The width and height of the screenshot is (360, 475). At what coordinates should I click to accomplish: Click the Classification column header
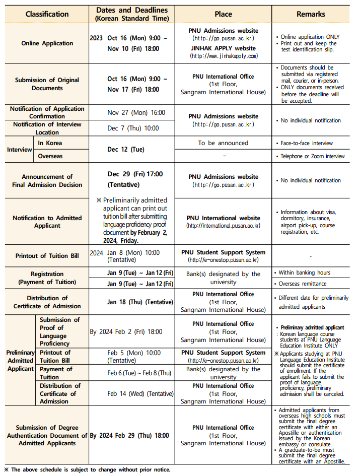[47, 14]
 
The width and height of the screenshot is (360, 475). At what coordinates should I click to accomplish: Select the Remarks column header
[311, 14]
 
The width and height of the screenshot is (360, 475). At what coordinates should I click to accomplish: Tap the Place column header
[223, 14]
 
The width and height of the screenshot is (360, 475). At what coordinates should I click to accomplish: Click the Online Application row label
[47, 43]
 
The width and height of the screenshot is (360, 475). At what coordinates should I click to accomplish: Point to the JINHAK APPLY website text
[224, 48]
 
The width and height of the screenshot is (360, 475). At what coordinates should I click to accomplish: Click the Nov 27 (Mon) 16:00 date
[136, 113]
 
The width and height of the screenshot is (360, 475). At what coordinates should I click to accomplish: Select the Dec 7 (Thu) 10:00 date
[132, 128]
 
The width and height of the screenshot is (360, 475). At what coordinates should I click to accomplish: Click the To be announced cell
[223, 143]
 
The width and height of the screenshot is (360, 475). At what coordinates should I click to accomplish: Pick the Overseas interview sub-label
[50, 156]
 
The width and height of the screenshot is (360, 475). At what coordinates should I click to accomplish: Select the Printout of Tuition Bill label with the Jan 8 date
[47, 256]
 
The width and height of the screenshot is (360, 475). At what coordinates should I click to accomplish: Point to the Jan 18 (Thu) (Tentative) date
[140, 302]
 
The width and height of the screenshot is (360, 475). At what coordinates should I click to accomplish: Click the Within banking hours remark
[304, 273]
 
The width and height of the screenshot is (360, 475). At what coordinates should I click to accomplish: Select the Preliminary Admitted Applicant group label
[20, 361]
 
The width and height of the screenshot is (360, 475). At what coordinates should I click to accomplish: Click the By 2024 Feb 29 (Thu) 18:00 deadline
[129, 435]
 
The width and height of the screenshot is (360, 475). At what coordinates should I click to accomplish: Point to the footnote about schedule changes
[87, 469]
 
